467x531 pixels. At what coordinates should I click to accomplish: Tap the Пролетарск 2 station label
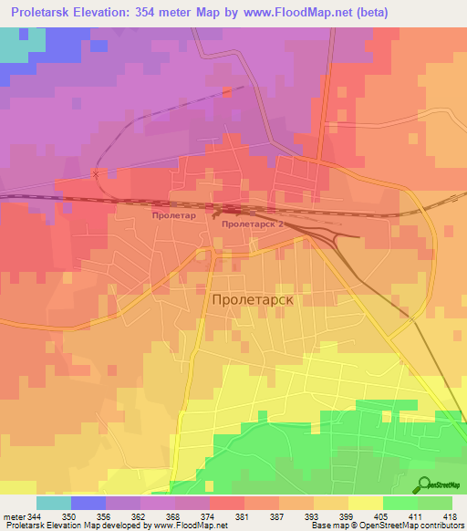(253, 222)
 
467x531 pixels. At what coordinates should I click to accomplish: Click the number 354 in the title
(172, 13)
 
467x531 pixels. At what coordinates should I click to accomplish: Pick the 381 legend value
(243, 516)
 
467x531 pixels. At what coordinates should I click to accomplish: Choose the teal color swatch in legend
(53, 503)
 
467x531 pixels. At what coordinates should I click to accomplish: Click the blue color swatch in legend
(88, 503)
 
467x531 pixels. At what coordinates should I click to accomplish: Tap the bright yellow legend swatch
(365, 503)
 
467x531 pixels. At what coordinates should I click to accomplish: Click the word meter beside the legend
(12, 516)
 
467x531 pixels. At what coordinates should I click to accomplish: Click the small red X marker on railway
(96, 171)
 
